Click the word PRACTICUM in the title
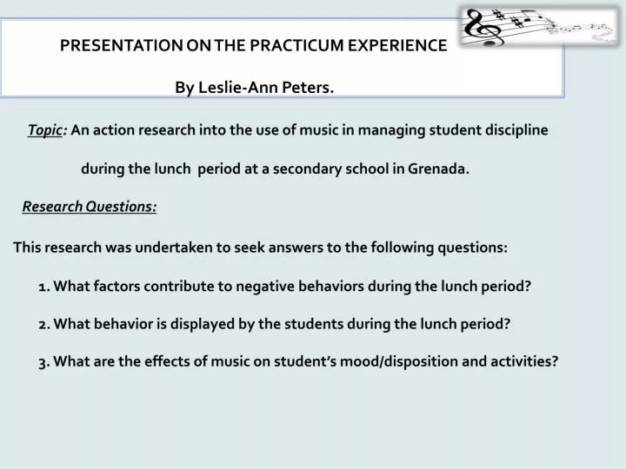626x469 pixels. (x=300, y=46)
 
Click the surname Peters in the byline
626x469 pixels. (x=309, y=87)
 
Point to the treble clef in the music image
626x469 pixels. (x=480, y=26)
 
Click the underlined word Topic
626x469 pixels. (x=44, y=130)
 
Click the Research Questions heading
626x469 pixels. (x=90, y=207)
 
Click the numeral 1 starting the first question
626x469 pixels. (x=42, y=286)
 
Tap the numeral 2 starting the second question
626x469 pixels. (x=43, y=324)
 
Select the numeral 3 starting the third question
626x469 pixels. (x=43, y=362)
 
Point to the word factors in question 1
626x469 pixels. (x=117, y=286)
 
